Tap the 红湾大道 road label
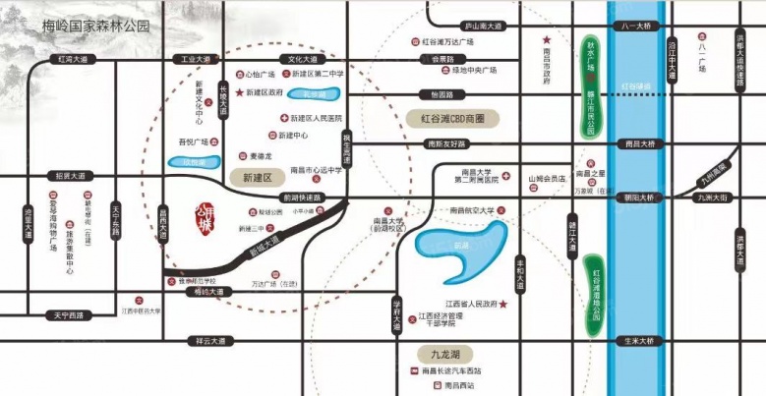coord(73,60)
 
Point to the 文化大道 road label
coord(302,60)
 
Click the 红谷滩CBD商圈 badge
coord(453,118)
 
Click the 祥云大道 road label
coord(210,341)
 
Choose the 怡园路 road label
coord(435,95)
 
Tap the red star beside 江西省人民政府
coord(503,306)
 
